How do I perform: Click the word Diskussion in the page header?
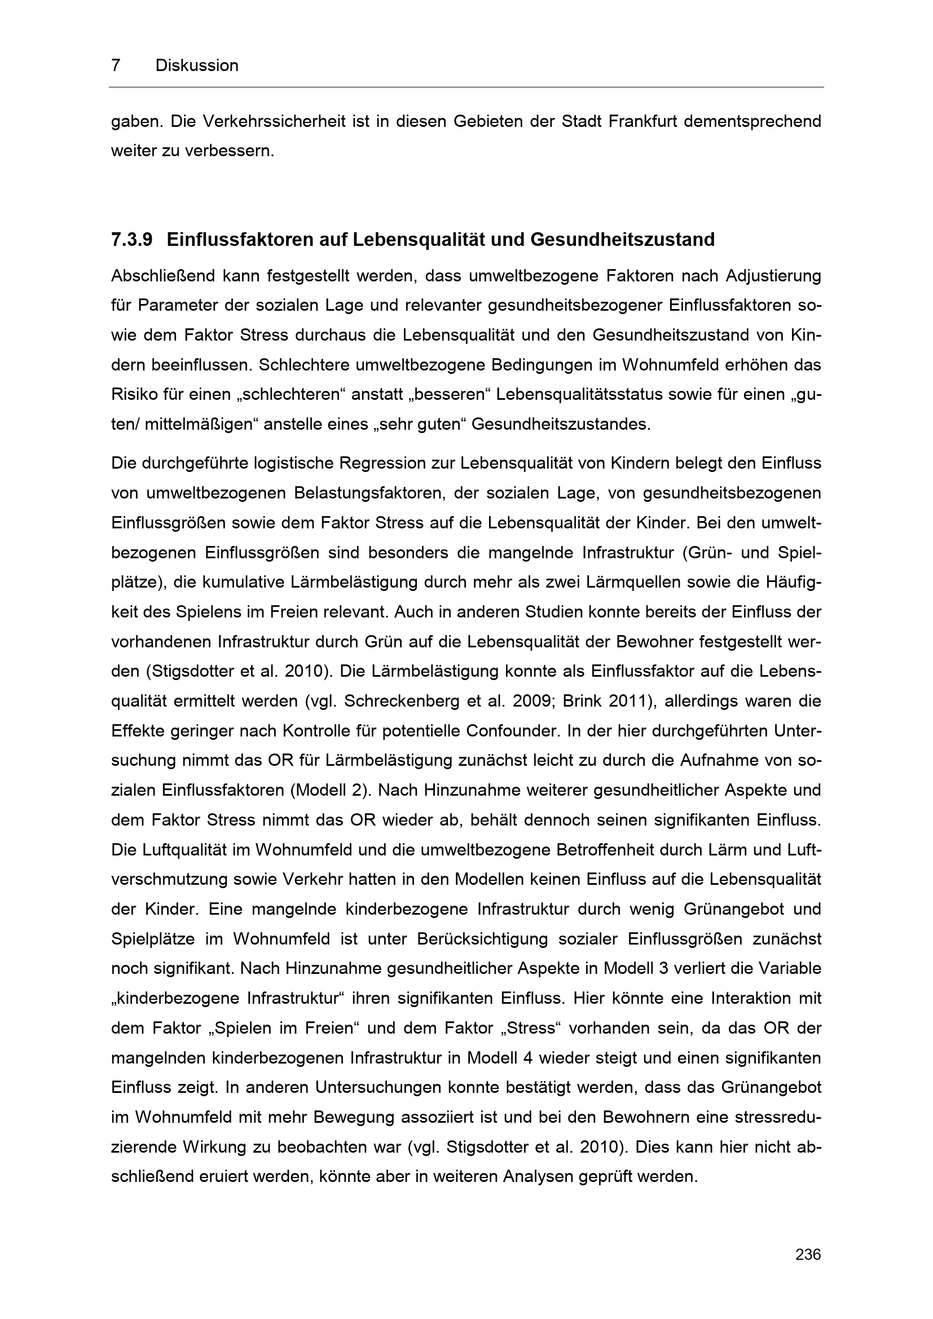[196, 65]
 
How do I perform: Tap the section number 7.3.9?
[131, 240]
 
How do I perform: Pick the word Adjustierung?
[773, 276]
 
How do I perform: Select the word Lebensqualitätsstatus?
[582, 395]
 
